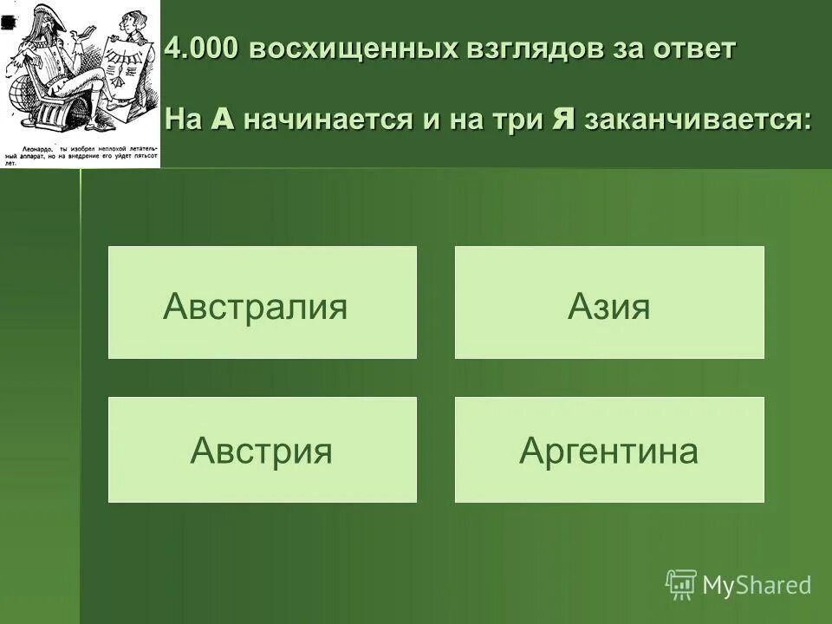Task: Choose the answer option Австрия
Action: [x=262, y=450]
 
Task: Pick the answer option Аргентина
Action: [x=609, y=450]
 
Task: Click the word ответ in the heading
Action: [x=694, y=49]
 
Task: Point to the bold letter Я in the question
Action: [x=564, y=119]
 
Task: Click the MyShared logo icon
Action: [x=680, y=584]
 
